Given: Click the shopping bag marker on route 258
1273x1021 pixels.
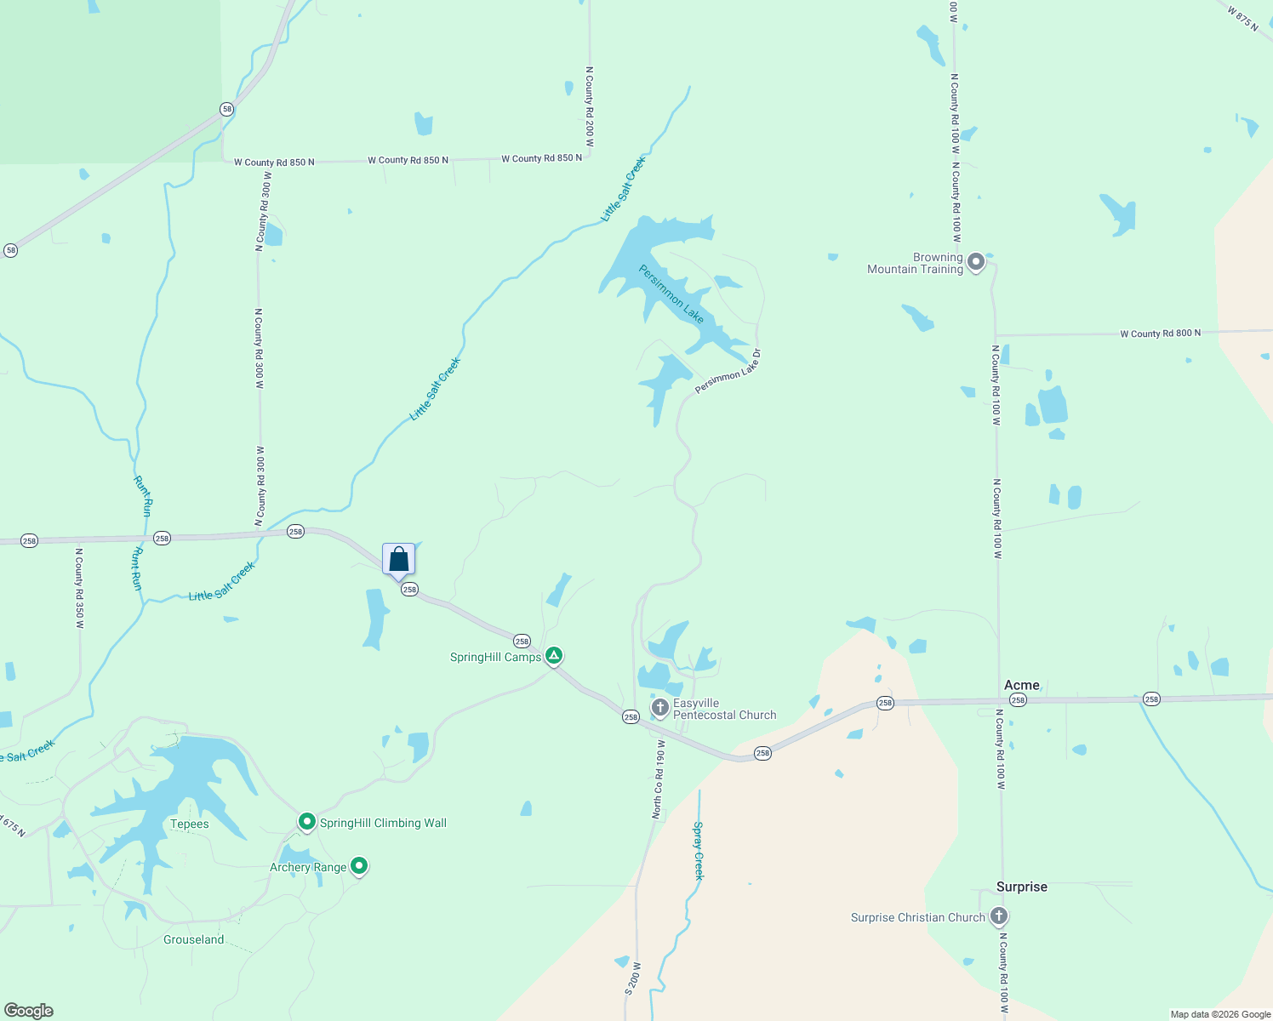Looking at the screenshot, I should point(398,560).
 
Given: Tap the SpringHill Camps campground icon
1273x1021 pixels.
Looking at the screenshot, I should point(554,655).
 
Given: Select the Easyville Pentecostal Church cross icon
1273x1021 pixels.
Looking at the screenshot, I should point(659,707).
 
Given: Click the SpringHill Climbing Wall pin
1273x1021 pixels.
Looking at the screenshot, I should point(306,822).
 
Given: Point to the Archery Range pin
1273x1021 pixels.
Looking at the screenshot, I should point(359,866).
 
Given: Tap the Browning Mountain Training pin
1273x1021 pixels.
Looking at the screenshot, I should point(976,262).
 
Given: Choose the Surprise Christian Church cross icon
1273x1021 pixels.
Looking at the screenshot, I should point(999,916).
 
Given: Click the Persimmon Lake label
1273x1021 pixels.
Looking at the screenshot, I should point(671,294).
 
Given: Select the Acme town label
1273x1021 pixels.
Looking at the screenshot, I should point(1021,685).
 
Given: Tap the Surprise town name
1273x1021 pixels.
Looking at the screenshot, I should point(1021,887).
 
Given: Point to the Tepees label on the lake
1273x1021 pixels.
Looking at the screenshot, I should point(189,824).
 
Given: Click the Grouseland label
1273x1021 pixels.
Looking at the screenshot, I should point(193,939).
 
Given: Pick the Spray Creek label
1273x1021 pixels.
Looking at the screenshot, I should point(699,850).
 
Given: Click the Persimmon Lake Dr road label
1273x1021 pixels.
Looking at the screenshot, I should point(728,371).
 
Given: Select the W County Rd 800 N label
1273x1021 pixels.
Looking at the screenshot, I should point(1160,334).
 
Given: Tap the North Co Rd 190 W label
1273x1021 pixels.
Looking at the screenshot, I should point(658,779).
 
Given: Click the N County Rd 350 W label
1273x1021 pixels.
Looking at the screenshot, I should point(79,588).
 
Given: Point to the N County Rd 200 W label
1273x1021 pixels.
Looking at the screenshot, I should point(589,107).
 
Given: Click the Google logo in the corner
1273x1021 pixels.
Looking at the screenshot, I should point(29,1011).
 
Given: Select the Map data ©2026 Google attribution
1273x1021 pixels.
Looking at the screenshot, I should point(1219,1014).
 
